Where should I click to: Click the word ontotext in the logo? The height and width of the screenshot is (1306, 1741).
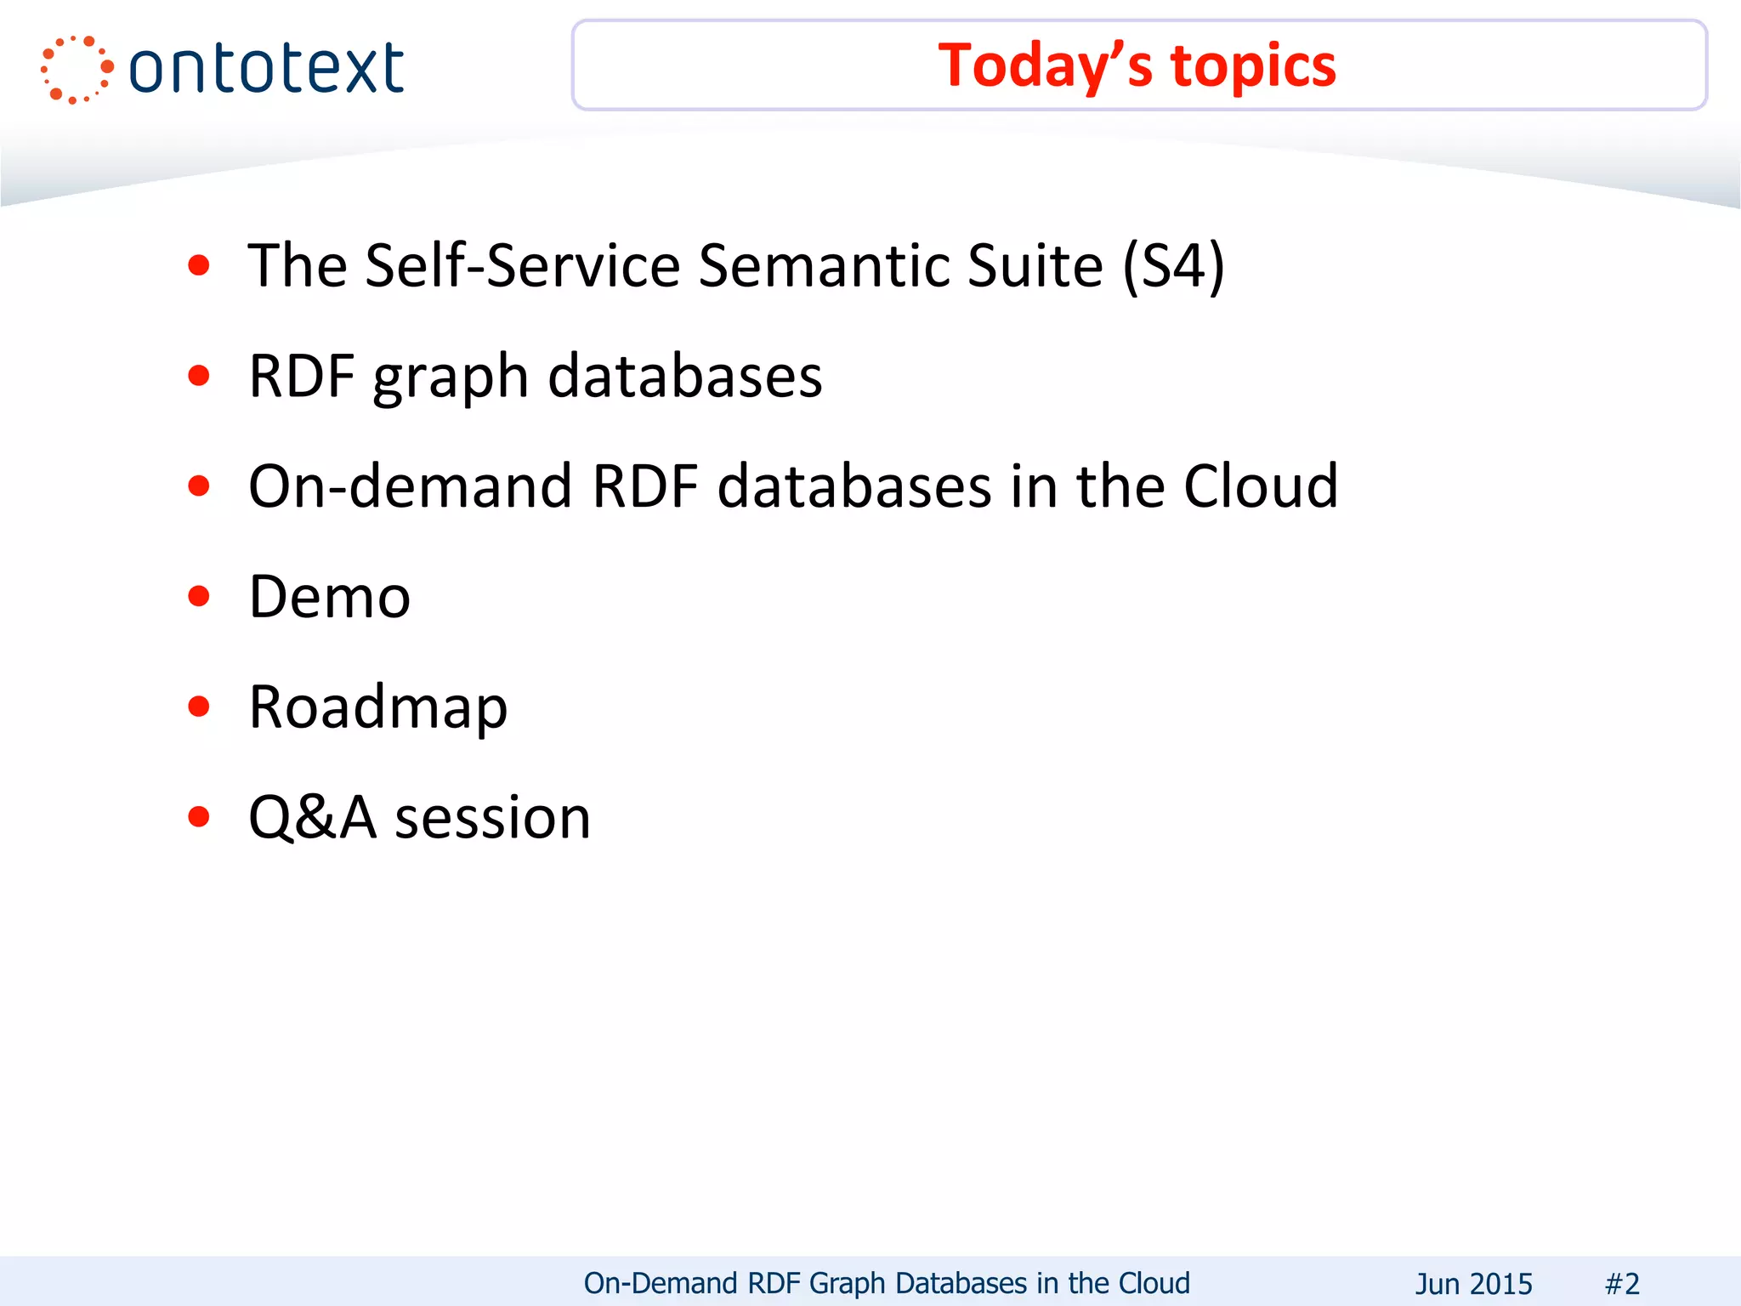tap(266, 69)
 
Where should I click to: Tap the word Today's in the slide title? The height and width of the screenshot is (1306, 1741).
tap(1045, 66)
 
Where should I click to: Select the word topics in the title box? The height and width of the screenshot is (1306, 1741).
tap(1253, 66)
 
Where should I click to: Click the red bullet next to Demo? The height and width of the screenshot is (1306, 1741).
tap(199, 596)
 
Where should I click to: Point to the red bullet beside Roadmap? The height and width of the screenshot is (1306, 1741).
tap(199, 707)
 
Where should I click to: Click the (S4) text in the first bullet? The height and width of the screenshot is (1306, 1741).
tap(1173, 266)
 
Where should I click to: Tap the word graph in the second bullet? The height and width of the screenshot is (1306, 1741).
tap(451, 377)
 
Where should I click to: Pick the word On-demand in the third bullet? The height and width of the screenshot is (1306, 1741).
tap(410, 486)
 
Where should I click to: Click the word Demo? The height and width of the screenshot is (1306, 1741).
tap(330, 597)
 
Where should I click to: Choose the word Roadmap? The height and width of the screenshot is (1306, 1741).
tap(378, 707)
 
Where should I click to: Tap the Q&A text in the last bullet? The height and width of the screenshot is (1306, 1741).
tap(312, 818)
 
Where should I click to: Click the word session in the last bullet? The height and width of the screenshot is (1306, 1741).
tap(493, 818)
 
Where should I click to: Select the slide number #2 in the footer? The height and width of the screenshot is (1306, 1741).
tap(1622, 1283)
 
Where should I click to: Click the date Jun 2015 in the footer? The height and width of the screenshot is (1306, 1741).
tap(1473, 1283)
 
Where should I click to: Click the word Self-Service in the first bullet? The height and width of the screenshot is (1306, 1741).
tap(523, 266)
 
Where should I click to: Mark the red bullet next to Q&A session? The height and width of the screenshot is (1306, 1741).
tap(199, 817)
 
